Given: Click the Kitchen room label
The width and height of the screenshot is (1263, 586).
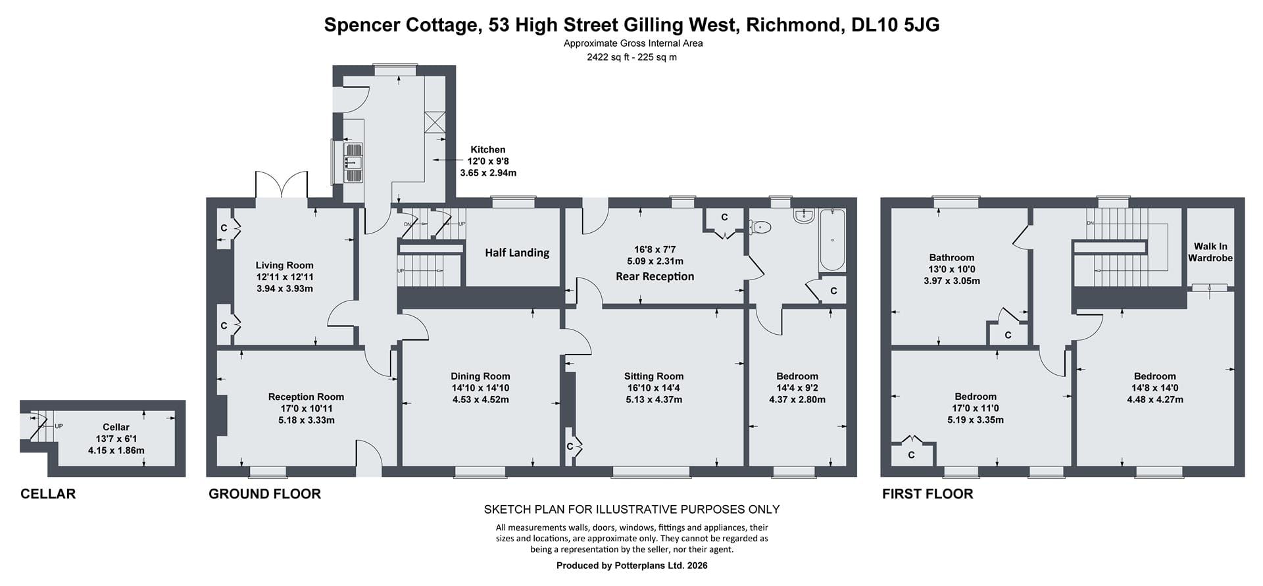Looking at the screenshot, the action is (x=487, y=150).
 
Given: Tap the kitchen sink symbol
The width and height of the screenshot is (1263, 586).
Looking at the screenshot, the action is (x=353, y=162).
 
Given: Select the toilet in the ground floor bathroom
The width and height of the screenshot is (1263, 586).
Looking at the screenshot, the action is (x=760, y=227).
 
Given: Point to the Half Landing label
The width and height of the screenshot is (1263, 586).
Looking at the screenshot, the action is (x=517, y=253).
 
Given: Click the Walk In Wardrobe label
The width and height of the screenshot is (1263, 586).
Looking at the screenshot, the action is (x=1210, y=252).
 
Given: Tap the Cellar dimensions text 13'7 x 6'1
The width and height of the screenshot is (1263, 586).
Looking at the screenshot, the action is (x=116, y=439).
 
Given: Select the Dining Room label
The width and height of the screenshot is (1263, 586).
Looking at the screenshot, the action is (x=480, y=376).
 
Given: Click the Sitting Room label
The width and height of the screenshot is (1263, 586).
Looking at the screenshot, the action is (x=654, y=376).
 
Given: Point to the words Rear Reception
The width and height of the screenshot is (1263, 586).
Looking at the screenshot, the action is (x=655, y=276).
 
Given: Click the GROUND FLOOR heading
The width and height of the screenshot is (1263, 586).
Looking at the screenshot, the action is (x=264, y=494).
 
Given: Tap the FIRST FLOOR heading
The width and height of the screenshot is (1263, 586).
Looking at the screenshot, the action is (x=928, y=494).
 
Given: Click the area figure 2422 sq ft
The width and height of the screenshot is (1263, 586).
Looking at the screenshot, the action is (x=608, y=57).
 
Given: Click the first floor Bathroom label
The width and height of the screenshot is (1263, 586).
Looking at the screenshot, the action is (x=952, y=257).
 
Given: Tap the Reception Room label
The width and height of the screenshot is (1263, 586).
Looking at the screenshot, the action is (x=306, y=397).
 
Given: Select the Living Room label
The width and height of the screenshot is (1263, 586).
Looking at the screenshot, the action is (x=284, y=265).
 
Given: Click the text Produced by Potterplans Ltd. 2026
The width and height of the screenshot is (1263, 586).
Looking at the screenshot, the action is (x=632, y=566).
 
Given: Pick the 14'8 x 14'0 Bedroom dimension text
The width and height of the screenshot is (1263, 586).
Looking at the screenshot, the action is (x=1155, y=388).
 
